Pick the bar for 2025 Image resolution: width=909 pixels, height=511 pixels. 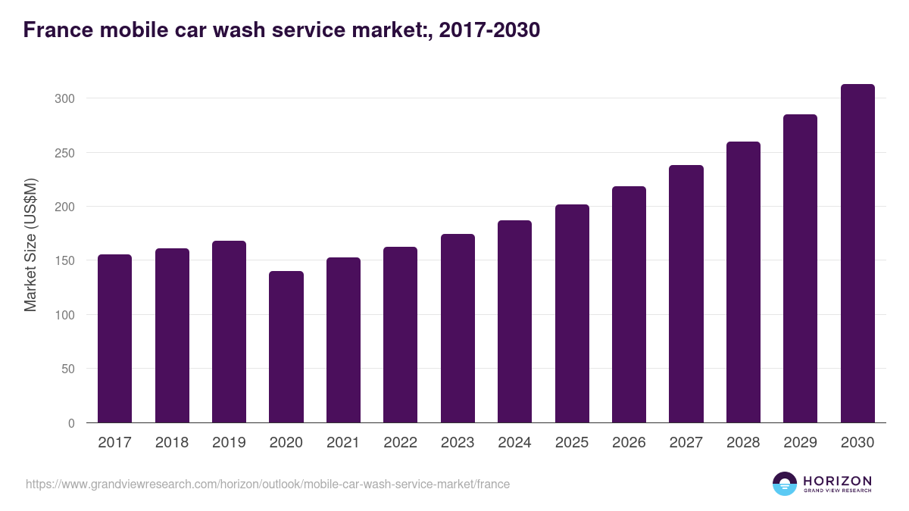(572, 313)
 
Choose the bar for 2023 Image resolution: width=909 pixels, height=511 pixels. (458, 329)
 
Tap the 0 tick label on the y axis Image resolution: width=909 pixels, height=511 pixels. (71, 423)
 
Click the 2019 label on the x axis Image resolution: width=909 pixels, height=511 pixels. (229, 443)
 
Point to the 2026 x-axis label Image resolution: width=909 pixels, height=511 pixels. (629, 443)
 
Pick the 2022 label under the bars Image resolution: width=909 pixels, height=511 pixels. (400, 443)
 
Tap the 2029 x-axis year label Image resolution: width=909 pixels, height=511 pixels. (800, 443)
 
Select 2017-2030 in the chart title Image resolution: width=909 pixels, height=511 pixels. (489, 30)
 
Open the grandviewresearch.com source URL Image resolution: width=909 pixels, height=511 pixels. (267, 484)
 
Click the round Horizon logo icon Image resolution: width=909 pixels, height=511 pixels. (785, 484)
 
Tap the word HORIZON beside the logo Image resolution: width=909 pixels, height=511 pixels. (837, 481)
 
